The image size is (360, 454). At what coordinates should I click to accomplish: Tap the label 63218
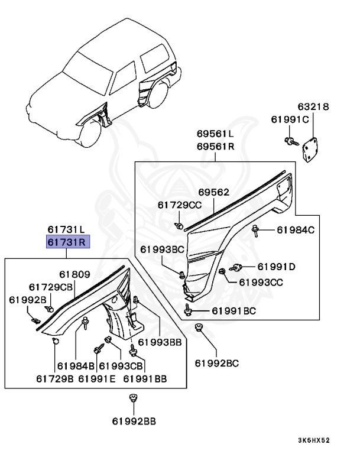point(313,108)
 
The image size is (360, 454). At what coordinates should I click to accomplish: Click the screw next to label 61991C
point(291,140)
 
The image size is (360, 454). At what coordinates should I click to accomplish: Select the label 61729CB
point(54,287)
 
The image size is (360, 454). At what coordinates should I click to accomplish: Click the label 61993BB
point(160,342)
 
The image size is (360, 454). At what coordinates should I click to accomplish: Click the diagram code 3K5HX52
point(323,440)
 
